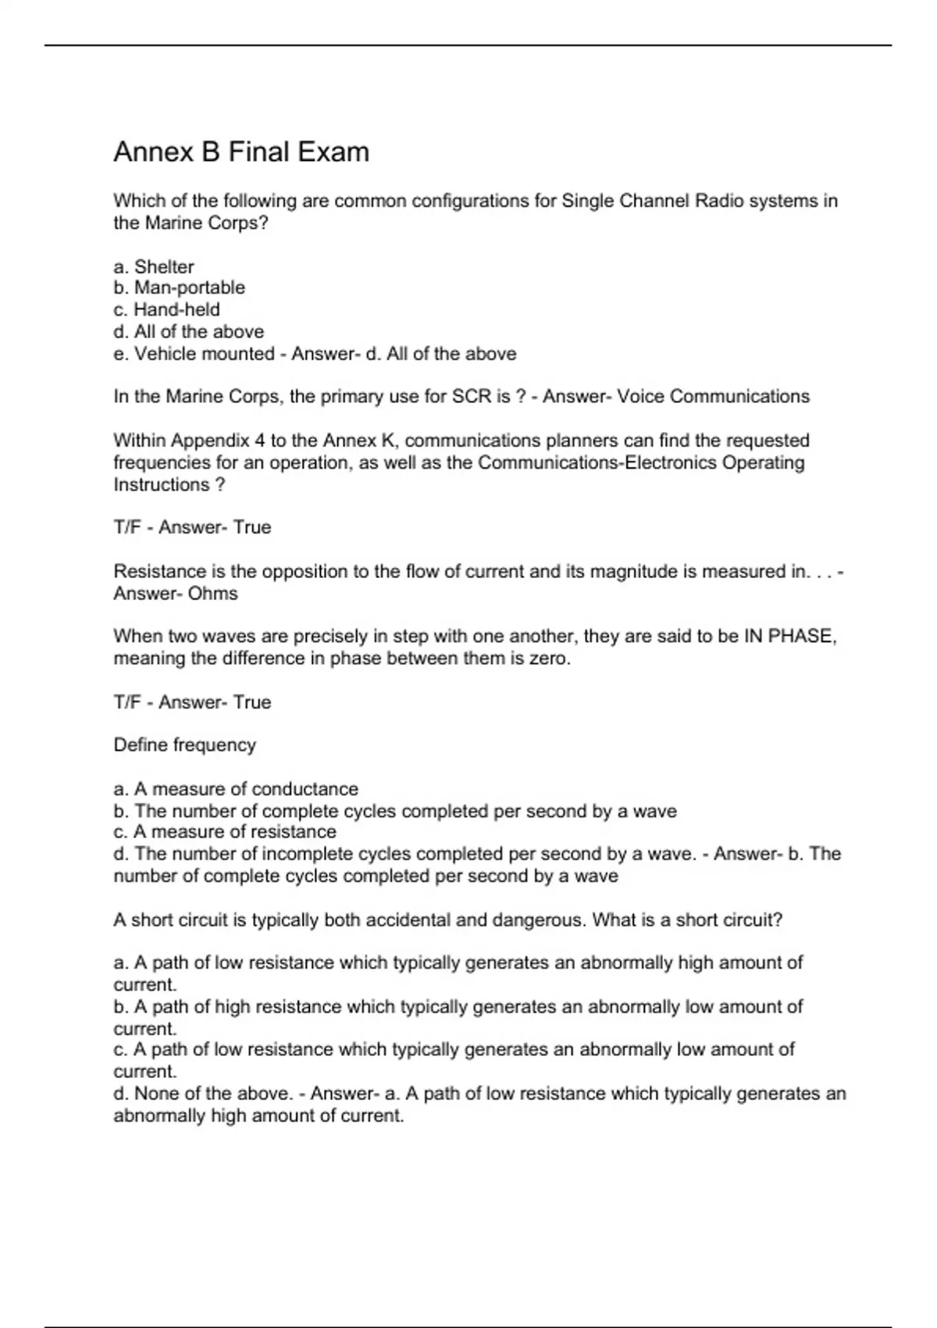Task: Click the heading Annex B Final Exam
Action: tap(241, 152)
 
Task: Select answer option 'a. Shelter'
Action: tap(154, 266)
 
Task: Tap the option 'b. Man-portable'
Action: tap(179, 287)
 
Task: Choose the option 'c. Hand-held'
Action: tap(166, 309)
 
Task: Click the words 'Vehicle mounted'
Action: tap(205, 354)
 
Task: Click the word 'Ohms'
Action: tap(213, 594)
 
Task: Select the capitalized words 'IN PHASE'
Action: tap(789, 636)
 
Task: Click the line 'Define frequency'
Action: tap(185, 745)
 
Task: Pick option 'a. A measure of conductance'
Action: tap(236, 789)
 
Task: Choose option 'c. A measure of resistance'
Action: tap(225, 832)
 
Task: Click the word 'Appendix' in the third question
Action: tap(210, 441)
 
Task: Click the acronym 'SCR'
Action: tap(471, 397)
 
